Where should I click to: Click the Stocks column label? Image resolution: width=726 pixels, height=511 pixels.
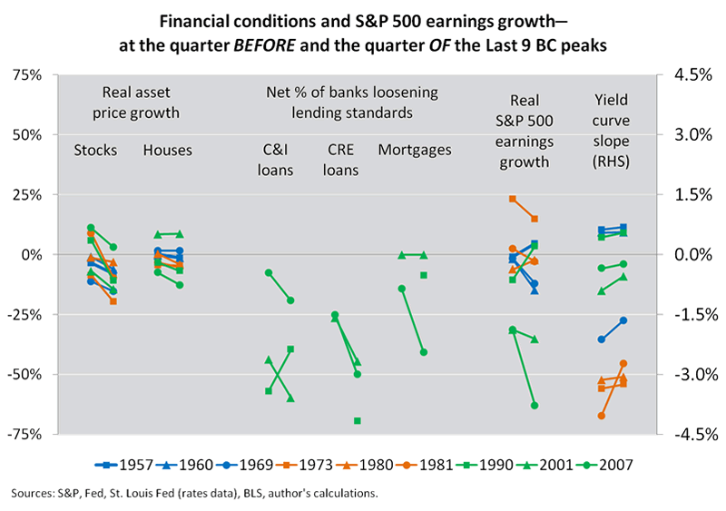click(95, 150)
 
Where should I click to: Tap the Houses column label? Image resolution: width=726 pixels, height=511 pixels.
click(168, 150)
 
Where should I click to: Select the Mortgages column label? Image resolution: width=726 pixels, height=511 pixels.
click(414, 150)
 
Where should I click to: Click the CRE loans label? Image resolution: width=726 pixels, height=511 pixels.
click(342, 160)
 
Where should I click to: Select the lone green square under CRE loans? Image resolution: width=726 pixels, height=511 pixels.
click(358, 421)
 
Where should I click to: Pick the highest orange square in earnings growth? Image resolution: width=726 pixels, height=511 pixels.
click(513, 199)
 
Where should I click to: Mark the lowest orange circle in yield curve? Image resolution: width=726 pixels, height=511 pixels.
click(602, 416)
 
